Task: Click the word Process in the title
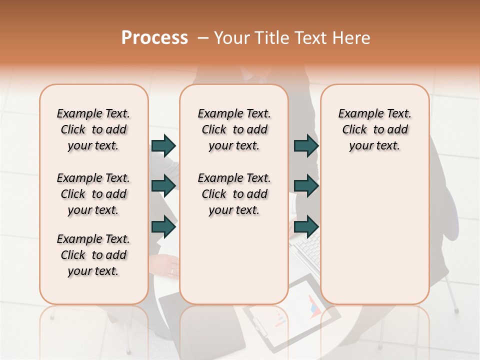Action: click(154, 38)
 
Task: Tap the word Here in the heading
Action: click(352, 38)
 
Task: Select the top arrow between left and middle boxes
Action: click(163, 146)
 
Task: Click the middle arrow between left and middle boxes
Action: click(163, 186)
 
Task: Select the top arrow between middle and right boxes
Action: click(305, 146)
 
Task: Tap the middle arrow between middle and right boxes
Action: click(305, 186)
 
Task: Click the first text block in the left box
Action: click(93, 129)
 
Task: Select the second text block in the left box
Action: click(93, 194)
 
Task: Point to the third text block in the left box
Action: click(93, 255)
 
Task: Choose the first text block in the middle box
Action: click(234, 129)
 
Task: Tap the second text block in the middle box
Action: click(234, 194)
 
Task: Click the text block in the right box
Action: click(374, 129)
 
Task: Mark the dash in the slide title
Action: click(203, 38)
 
